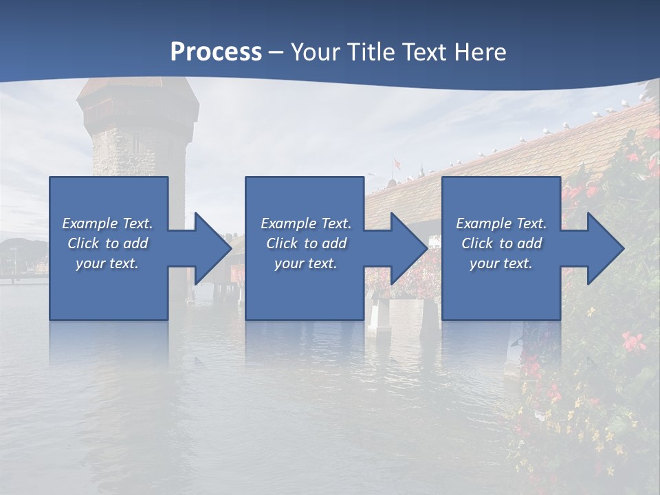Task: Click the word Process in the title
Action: pos(216,52)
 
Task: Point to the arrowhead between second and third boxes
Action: pos(408,248)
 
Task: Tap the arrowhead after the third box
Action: pos(605,248)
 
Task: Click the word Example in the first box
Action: pos(90,223)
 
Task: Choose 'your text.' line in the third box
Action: pos(500,263)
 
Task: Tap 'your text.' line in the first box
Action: pos(107,263)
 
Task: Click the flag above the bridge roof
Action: pos(397,164)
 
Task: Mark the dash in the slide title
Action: pos(276,52)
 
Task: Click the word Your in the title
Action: pos(313,52)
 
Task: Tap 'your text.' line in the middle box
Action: pos(305,263)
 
